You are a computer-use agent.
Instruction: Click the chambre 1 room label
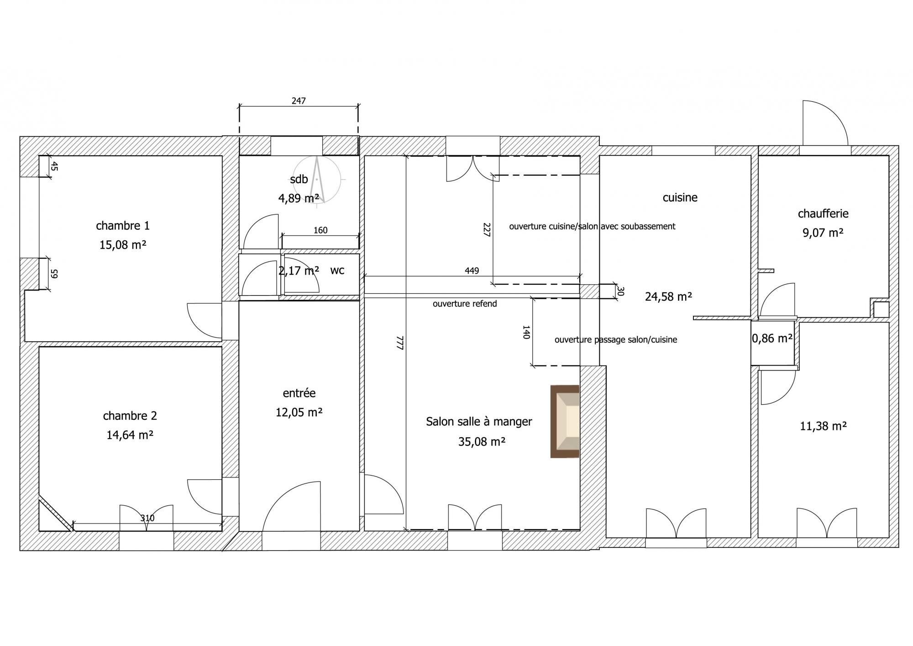123,225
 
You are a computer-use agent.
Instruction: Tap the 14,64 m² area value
130,435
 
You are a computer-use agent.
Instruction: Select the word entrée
299,393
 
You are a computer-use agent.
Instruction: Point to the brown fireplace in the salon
565,421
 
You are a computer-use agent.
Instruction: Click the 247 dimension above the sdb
299,101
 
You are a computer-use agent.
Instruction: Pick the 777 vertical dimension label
400,343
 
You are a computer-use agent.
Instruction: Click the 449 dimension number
472,270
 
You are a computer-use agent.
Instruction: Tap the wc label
337,270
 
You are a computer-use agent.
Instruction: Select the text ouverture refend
465,304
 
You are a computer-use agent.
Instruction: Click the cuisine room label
680,197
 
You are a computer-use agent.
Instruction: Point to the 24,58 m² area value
668,297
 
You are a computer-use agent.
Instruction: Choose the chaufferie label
823,213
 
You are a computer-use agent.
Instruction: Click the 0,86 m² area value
772,339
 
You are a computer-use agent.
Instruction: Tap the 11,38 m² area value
824,426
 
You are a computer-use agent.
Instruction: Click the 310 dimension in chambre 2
147,518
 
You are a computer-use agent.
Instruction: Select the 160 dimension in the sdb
320,230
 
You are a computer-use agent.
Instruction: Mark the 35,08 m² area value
482,442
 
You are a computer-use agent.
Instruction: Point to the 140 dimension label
525,332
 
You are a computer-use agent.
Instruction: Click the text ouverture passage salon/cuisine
616,340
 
